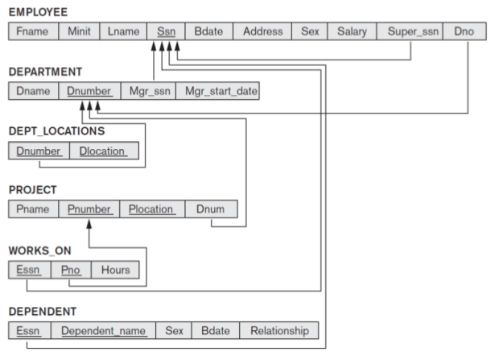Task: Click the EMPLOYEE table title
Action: pos(38,12)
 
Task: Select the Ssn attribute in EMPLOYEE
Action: pos(166,32)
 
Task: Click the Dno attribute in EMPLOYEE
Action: pos(464,32)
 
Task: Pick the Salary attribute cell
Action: pos(352,32)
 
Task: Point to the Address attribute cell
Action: pos(262,32)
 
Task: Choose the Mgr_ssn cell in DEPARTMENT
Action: pos(148,91)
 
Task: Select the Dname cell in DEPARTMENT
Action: pos(33,91)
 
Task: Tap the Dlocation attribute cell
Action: pos(104,151)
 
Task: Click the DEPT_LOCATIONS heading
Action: pos(56,130)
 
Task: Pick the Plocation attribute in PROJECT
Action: pos(151,209)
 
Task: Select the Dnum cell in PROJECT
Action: pos(211,209)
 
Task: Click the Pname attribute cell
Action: pos(33,209)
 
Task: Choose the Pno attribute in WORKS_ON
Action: pos(71,270)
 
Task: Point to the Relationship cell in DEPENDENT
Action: pos(278,330)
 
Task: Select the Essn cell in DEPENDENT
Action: pos(29,330)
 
